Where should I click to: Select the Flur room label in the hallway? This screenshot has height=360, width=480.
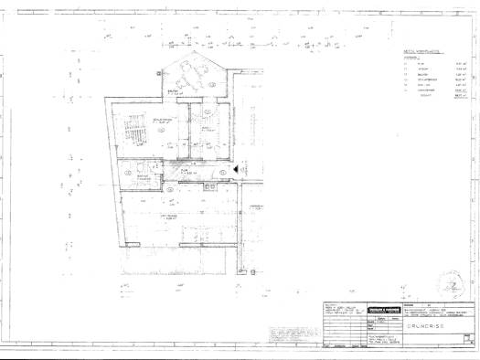coord(184,169)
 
